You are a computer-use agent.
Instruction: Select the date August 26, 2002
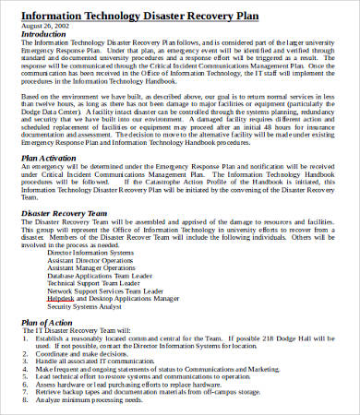point(44,26)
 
